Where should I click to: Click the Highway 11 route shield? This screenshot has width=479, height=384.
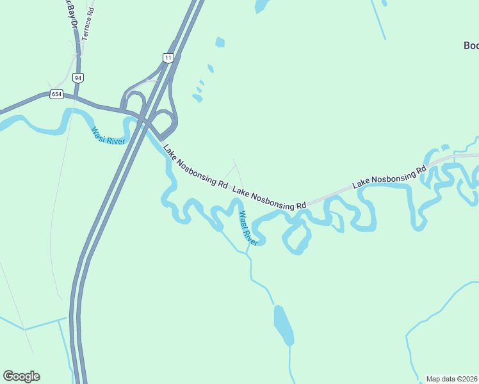[x=168, y=58]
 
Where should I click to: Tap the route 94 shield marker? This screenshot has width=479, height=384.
[x=78, y=77]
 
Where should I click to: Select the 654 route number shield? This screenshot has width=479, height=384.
[x=56, y=95]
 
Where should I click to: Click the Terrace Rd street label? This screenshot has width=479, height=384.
[x=88, y=21]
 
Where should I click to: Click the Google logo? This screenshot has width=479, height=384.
[x=21, y=376]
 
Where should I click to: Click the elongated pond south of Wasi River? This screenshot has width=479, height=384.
[x=283, y=324]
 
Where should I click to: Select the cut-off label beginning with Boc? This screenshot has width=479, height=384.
[x=471, y=45]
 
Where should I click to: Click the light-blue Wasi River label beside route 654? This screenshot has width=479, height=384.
[x=108, y=136]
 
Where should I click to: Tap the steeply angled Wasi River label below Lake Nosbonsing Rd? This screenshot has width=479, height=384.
[x=248, y=228]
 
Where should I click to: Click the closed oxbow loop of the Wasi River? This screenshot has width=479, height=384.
[x=296, y=237]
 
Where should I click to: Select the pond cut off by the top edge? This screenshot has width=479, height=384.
[x=261, y=6]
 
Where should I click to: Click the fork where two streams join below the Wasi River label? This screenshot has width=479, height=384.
[x=247, y=253]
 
